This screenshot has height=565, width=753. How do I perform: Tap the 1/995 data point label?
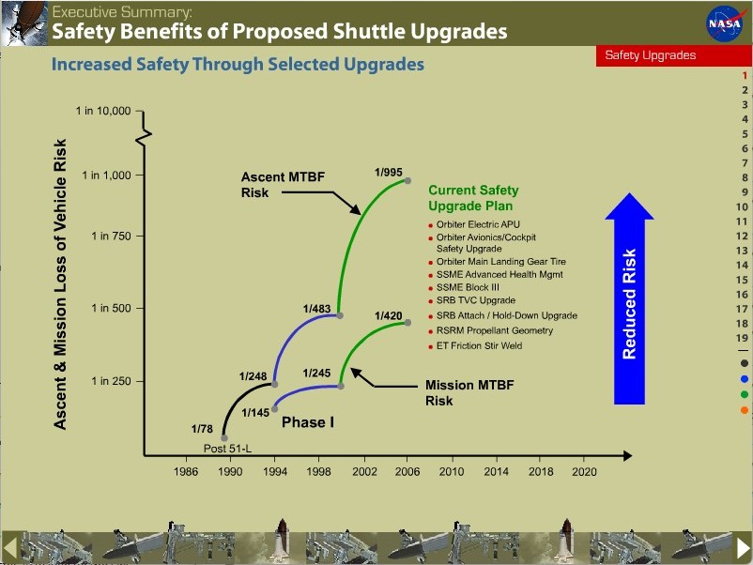(389, 172)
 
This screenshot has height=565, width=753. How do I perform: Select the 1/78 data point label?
(202, 429)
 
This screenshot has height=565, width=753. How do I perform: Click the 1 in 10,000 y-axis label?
(103, 112)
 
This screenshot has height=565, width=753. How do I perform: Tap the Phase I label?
(308, 422)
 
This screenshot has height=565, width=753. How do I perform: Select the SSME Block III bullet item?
(469, 287)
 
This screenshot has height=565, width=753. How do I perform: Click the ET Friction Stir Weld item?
(479, 346)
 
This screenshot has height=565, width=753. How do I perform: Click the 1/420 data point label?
(389, 315)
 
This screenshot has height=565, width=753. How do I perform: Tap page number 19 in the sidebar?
(742, 338)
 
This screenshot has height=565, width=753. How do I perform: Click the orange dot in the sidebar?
(744, 410)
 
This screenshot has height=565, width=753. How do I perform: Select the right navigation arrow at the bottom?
(743, 546)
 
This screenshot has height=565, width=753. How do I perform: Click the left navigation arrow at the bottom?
(9, 546)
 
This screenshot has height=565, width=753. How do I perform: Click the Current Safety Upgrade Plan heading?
(473, 198)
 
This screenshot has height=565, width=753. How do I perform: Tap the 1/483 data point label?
(317, 308)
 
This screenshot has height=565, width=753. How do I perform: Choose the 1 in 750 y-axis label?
(111, 237)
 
